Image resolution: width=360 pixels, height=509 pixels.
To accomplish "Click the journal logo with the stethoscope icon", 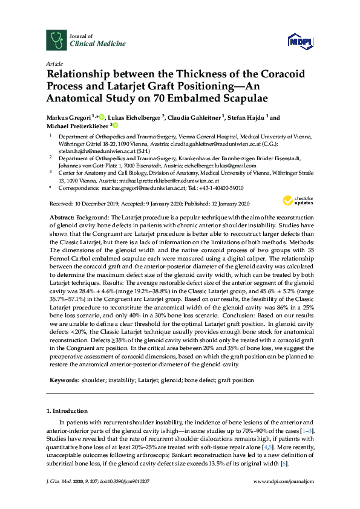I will pyautogui.click(x=56, y=41).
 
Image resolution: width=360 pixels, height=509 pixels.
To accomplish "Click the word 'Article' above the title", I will pyautogui.click(x=54, y=63).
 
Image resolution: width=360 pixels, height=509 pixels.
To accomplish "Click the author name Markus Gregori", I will pyautogui.click(x=70, y=118).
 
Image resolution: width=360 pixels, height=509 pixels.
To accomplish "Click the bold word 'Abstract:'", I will pyautogui.click(x=61, y=216).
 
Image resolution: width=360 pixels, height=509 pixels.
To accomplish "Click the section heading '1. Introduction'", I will pyautogui.click(x=68, y=410).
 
